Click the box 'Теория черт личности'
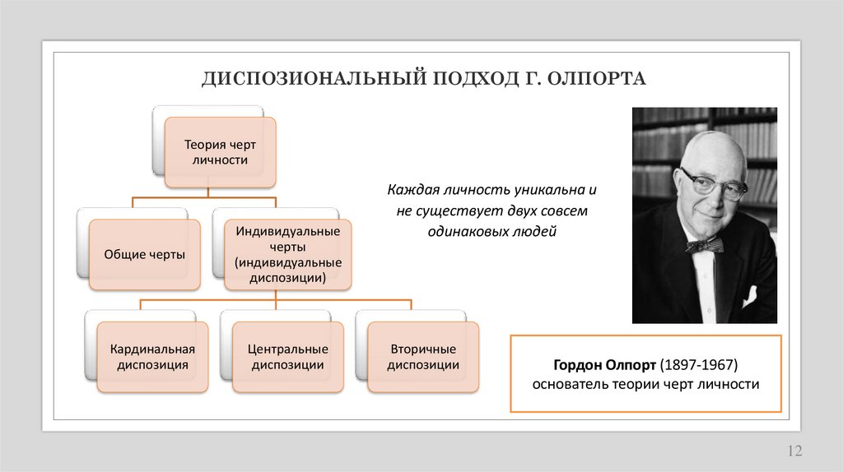coord(220,152)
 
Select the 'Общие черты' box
coord(144,255)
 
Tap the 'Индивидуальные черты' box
coord(288,254)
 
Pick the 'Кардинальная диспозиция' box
coord(152,357)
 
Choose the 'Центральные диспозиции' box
coord(287,357)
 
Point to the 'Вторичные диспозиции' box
coord(423,357)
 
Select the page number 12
coord(794,451)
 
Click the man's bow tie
coord(706,244)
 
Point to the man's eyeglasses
coord(712,183)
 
